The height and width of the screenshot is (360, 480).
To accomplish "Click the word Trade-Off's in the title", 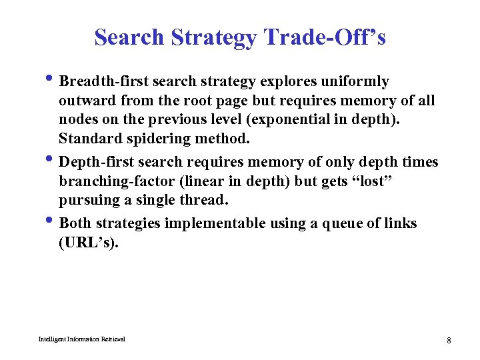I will coord(325,37).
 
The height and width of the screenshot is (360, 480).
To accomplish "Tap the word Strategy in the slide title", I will coord(213,38).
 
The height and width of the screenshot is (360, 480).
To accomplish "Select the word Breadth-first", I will coord(103,81).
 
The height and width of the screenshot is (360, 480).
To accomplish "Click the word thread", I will coord(203,201).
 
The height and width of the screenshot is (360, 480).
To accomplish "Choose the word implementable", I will coord(215,223).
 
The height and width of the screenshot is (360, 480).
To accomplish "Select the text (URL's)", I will coord(89,243).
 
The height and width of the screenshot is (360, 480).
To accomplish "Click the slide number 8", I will coord(449,341).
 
